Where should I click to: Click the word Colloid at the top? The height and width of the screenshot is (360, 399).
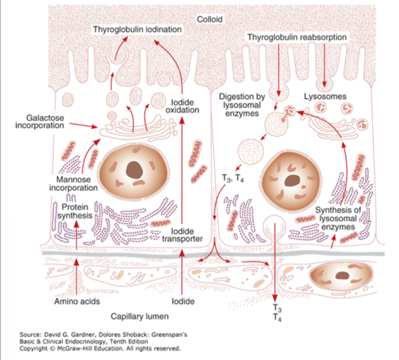coord(209,19)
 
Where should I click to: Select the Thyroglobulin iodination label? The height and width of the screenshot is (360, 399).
coord(137,30)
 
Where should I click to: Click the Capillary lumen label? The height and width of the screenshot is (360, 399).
coord(140,317)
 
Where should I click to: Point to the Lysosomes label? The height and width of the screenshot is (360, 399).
coord(325,95)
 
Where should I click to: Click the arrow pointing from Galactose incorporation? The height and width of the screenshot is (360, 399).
coord(83,125)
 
